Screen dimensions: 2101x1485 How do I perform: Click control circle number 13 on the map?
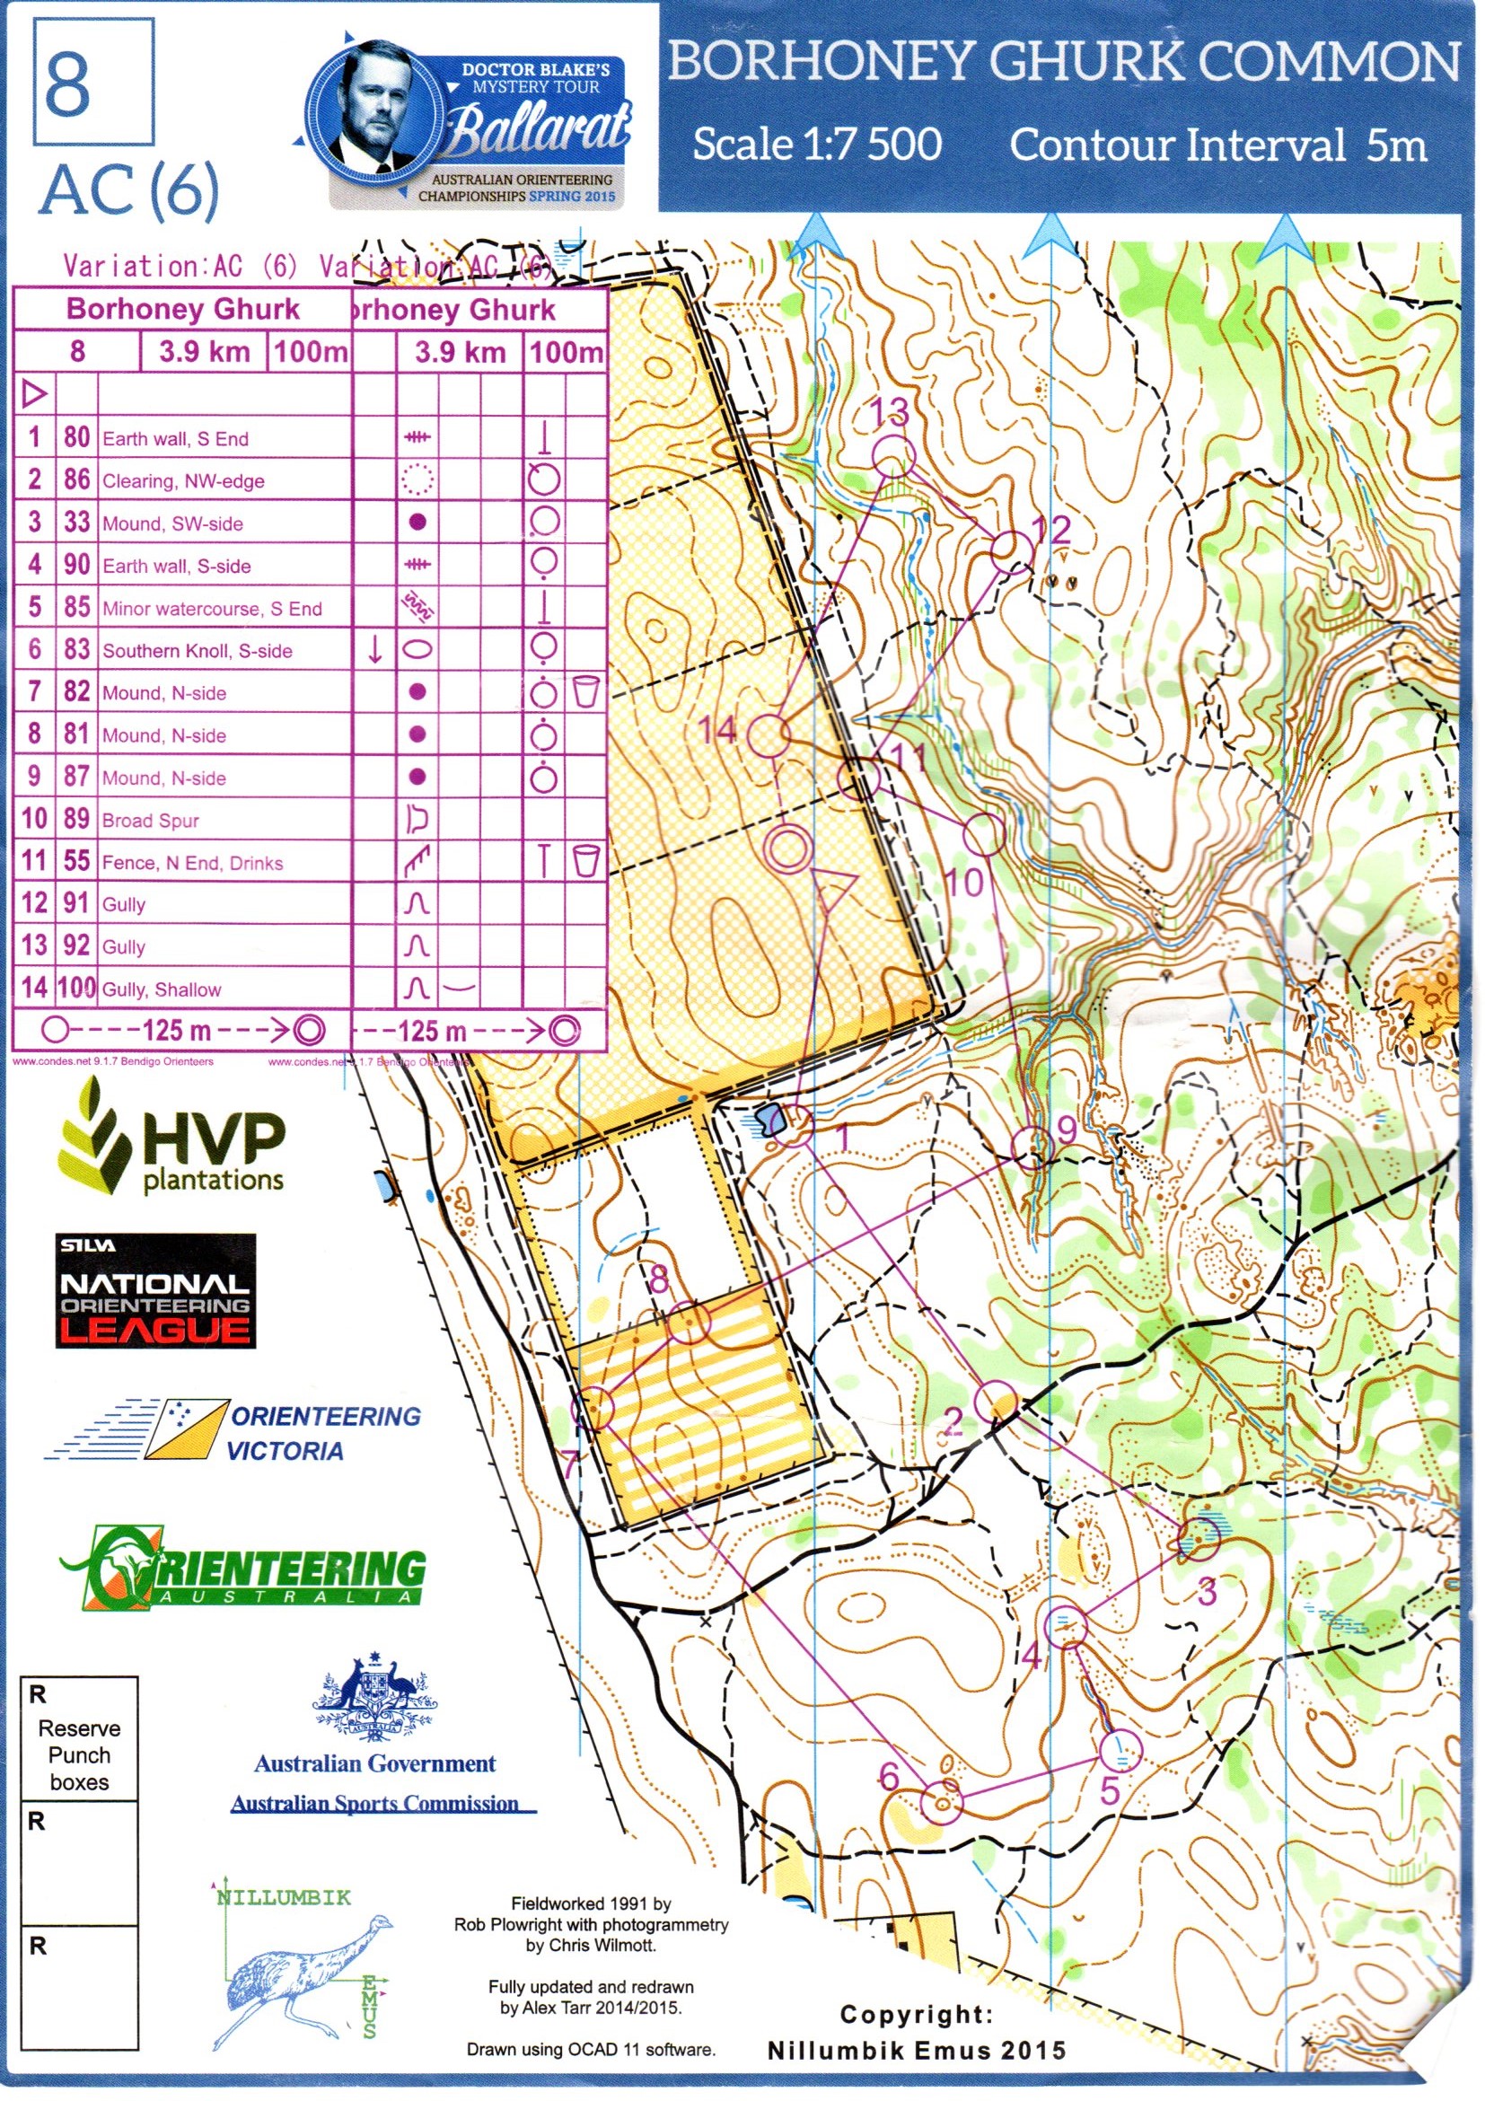[x=892, y=457]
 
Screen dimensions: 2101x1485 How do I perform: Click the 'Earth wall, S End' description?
[x=175, y=439]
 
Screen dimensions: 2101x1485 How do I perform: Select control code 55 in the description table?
[x=77, y=861]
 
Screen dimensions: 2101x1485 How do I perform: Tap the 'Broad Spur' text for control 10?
[x=150, y=820]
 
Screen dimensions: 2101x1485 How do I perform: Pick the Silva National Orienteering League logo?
[x=154, y=1291]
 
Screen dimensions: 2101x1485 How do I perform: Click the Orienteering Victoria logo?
[x=233, y=1432]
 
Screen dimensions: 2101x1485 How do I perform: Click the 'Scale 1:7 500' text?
[x=816, y=145]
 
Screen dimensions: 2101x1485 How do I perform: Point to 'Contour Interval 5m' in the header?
[x=1217, y=145]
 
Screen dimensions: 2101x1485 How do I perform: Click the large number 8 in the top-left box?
[x=67, y=84]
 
